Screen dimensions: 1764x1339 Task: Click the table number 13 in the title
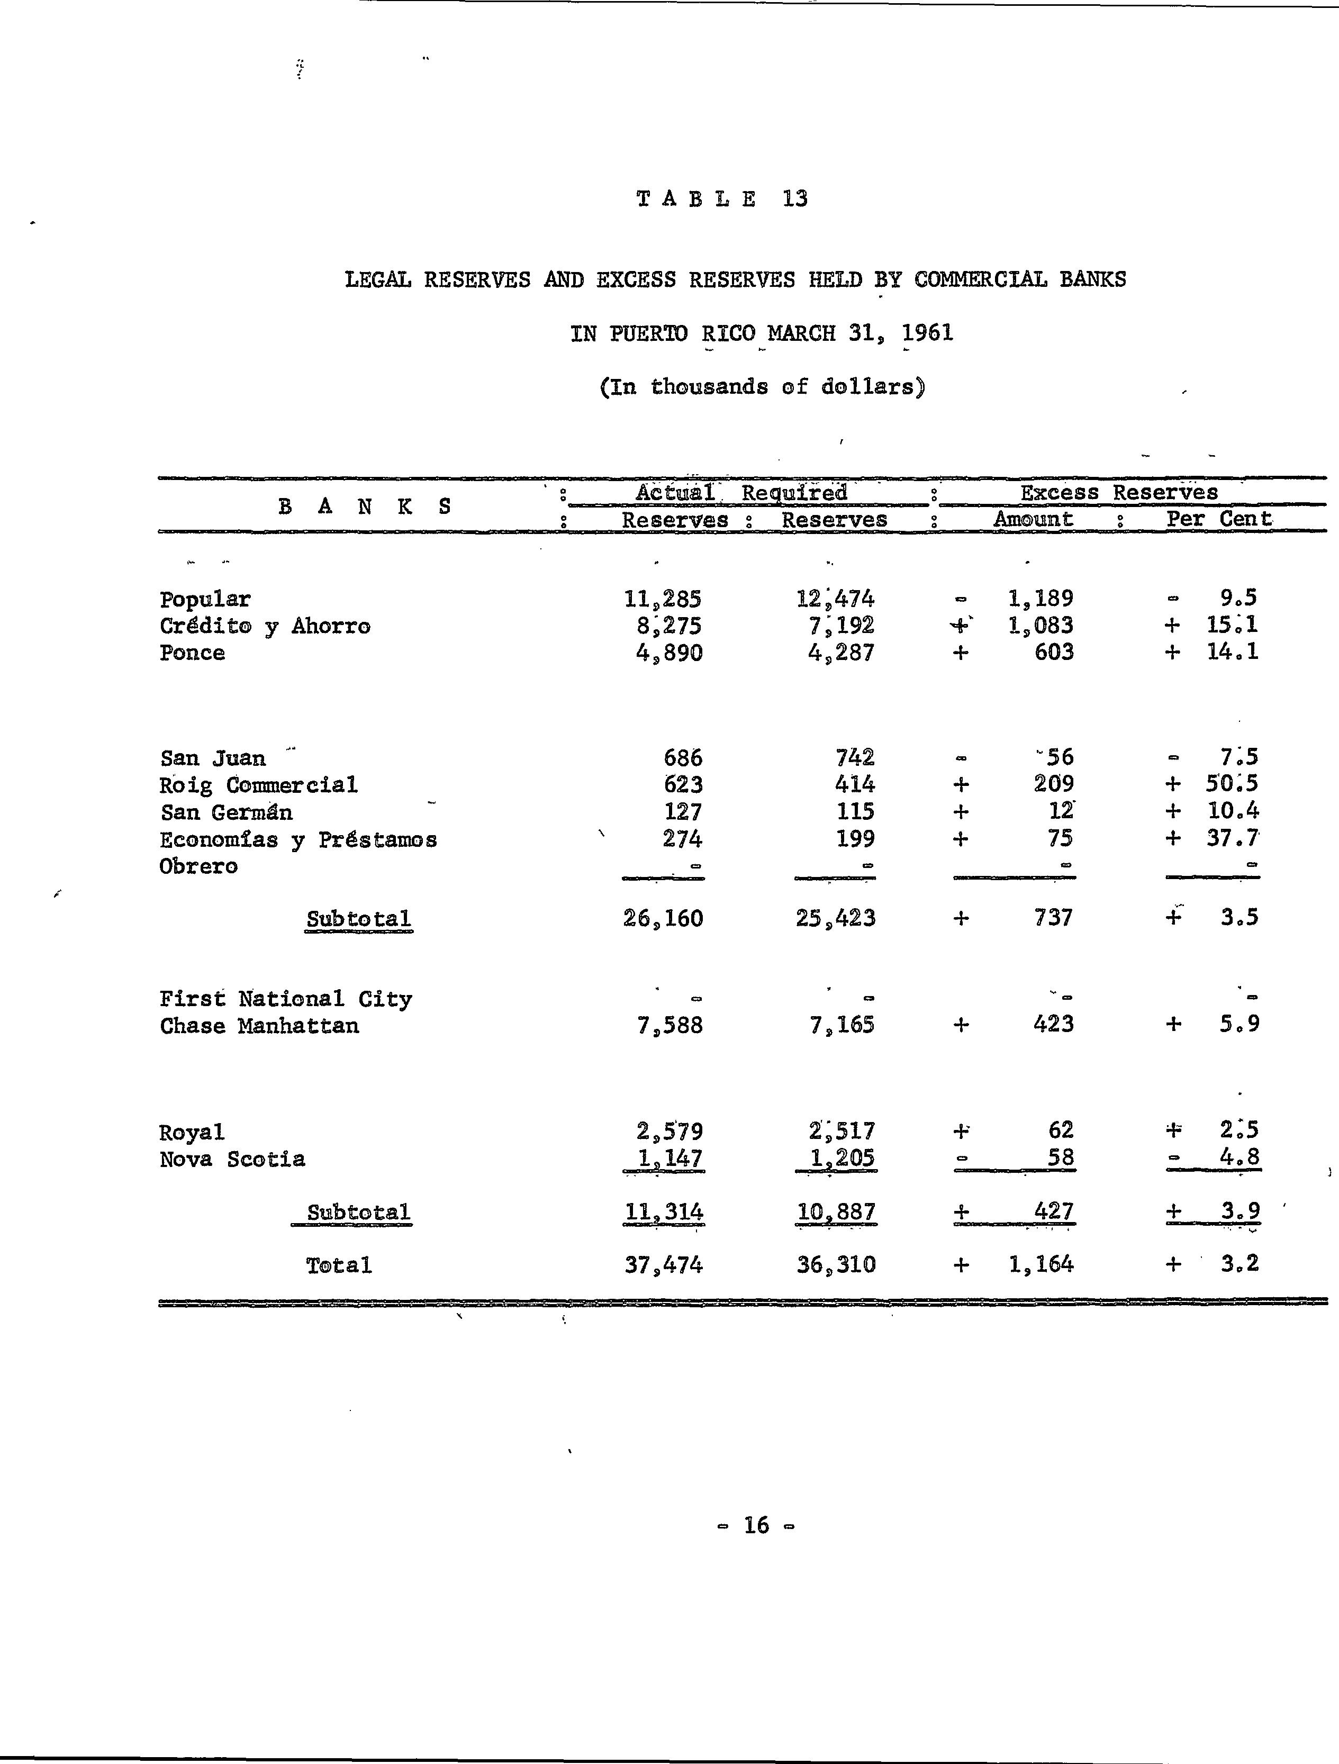click(795, 198)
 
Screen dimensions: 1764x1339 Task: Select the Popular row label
click(205, 600)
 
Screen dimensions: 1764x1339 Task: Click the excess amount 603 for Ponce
click(1054, 653)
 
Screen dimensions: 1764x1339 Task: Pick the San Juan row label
click(212, 757)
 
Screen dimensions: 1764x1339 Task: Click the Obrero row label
click(198, 866)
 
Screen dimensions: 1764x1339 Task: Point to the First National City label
click(285, 998)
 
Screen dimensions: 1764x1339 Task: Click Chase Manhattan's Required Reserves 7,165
click(842, 1025)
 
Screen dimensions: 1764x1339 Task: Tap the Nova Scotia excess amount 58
click(1061, 1157)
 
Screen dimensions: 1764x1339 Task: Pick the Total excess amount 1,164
click(1041, 1264)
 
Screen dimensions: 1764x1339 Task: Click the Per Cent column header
click(1218, 519)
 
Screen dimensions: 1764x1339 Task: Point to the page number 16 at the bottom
click(756, 1525)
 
